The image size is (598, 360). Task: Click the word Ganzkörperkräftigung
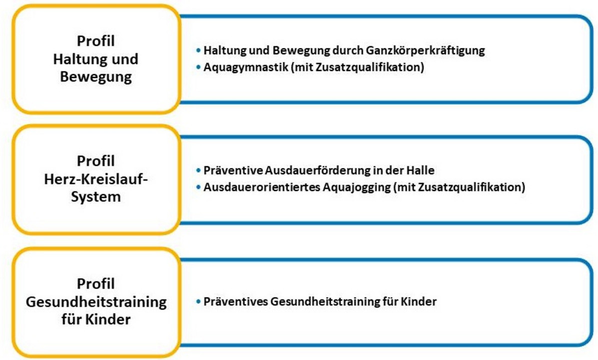coord(425,50)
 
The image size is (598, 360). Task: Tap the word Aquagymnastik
coord(245,67)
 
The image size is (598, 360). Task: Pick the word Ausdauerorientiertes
coord(262,187)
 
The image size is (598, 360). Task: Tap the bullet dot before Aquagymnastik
coord(198,67)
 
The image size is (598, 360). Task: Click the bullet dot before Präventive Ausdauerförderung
coord(198,170)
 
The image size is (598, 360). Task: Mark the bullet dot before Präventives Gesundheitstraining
coord(198,301)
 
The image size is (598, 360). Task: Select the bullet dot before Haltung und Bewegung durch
coord(198,50)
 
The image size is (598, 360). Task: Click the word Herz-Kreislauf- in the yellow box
coord(96,179)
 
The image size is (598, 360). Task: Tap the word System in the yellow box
coord(96,197)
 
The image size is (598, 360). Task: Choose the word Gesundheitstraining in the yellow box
coord(96,302)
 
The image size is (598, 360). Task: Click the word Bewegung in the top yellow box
coord(96,76)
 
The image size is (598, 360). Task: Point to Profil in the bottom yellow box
coord(96,283)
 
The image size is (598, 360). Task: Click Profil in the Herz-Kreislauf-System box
coord(96,160)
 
